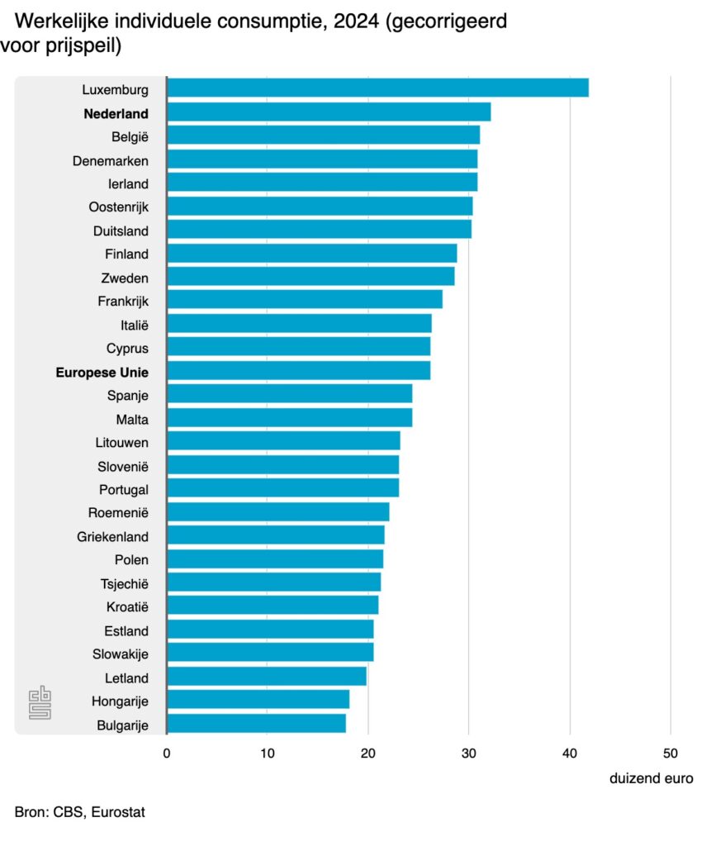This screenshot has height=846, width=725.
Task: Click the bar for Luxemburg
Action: [377, 88]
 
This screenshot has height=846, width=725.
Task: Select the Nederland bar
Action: [329, 112]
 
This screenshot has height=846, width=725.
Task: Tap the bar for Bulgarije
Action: [256, 725]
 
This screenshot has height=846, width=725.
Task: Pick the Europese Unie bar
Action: [298, 371]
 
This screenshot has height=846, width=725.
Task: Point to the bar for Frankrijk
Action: [304, 300]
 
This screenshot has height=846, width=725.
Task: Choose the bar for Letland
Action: [266, 677]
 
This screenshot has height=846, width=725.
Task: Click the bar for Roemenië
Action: [277, 512]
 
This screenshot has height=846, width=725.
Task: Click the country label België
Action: [130, 136]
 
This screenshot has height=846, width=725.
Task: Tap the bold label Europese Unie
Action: [102, 372]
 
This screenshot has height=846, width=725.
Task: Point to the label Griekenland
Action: [113, 536]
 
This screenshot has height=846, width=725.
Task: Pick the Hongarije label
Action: [120, 701]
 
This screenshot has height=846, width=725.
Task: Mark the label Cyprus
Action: [128, 348]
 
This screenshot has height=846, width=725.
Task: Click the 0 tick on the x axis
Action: [167, 753]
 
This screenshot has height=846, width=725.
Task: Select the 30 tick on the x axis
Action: [469, 753]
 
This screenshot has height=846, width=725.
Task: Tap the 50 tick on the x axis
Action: [671, 753]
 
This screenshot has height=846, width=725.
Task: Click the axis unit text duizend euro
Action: [652, 779]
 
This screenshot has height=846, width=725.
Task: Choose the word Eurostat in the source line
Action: [118, 812]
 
